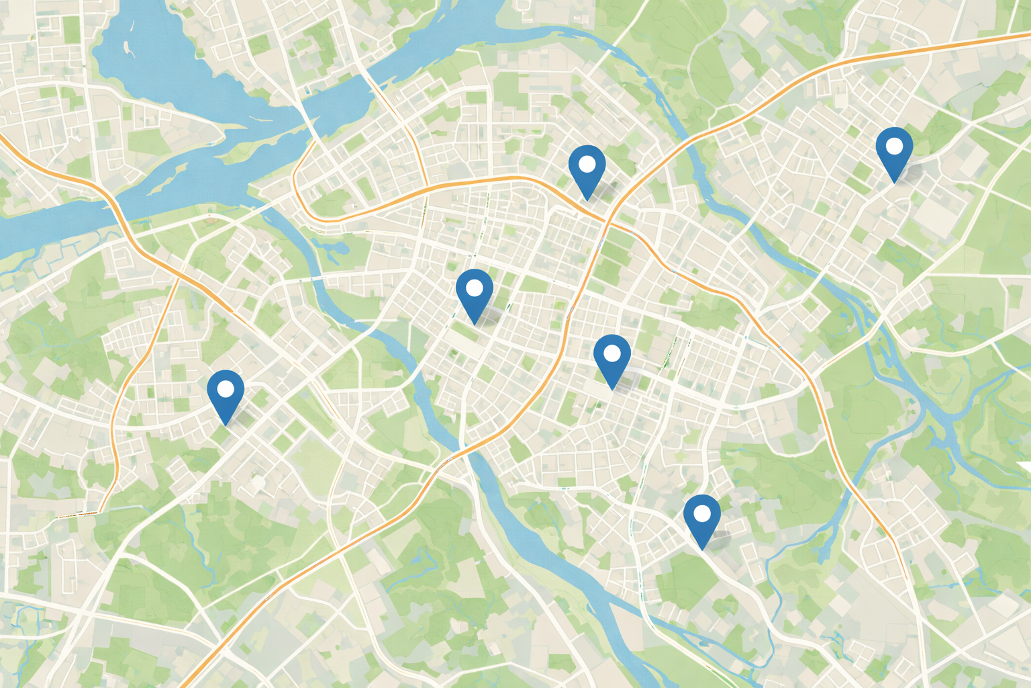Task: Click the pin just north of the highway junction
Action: [587, 168]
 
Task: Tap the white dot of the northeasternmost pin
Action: [894, 145]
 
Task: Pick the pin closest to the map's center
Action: [475, 292]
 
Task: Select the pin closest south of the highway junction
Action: [612, 357]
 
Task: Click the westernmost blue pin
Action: [226, 393]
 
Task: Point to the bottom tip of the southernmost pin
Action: [701, 550]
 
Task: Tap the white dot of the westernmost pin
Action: [226, 388]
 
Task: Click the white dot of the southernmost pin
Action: [701, 514]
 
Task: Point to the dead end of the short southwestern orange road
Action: [60, 516]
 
